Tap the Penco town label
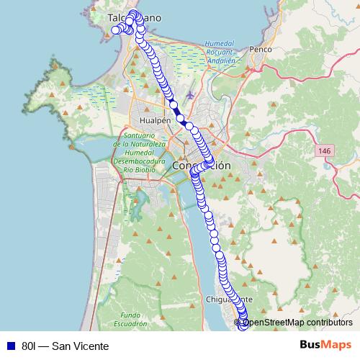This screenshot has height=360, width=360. click(x=258, y=50)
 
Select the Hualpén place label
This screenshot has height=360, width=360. click(x=156, y=121)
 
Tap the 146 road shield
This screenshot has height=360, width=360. click(x=323, y=150)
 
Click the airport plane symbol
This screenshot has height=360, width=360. click(x=189, y=95)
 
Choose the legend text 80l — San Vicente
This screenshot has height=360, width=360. click(x=65, y=346)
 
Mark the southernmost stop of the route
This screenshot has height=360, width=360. click(x=243, y=326)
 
